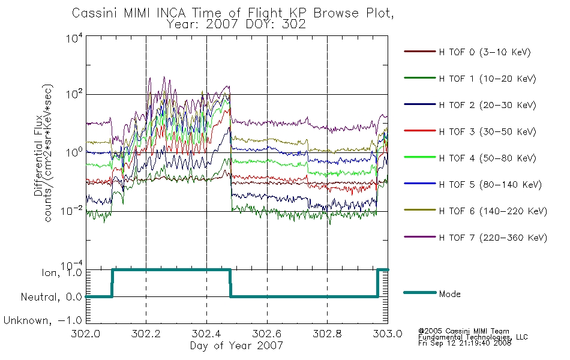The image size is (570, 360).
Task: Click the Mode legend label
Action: (449, 294)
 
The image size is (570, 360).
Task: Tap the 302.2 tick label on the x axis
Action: (146, 334)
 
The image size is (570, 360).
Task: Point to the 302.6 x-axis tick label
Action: (267, 334)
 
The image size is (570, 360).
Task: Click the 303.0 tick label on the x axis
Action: (388, 334)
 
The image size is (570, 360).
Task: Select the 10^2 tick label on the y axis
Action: (74, 95)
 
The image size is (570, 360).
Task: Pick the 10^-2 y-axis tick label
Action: (72, 211)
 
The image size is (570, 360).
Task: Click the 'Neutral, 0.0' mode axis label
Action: (52, 297)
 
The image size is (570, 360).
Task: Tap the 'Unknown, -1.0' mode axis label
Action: (43, 321)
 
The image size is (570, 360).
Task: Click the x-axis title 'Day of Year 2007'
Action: (236, 346)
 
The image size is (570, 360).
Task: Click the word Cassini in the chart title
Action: (94, 13)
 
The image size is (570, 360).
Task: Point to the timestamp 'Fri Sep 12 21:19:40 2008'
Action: (464, 343)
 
